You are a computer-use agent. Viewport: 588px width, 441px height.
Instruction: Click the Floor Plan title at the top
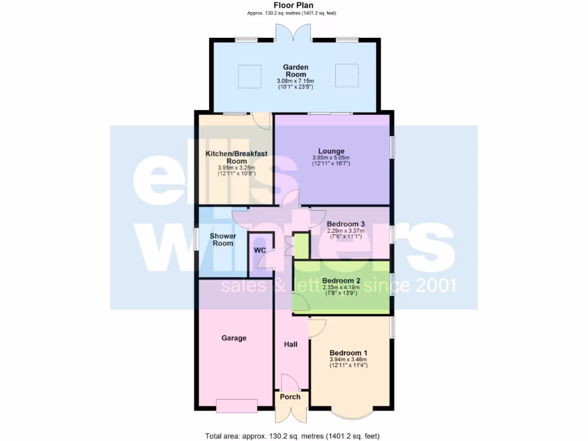(x=293, y=5)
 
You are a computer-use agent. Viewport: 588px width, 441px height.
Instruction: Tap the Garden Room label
(x=296, y=71)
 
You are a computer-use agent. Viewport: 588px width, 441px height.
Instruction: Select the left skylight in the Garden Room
(x=249, y=76)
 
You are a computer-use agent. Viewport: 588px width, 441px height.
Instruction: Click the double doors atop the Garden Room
(x=293, y=33)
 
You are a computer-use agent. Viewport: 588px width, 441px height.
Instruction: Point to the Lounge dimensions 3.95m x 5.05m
(x=331, y=158)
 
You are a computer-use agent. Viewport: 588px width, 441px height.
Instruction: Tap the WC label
(x=260, y=251)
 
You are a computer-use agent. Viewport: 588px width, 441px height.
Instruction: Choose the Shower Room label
(x=222, y=239)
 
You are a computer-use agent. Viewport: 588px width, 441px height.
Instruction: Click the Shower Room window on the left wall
(x=196, y=238)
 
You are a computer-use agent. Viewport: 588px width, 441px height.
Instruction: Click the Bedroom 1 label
(x=349, y=353)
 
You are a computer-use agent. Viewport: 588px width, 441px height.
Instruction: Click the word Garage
(x=234, y=338)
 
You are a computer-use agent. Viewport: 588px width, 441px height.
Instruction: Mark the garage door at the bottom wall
(x=237, y=405)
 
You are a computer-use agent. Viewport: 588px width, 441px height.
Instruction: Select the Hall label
(x=291, y=345)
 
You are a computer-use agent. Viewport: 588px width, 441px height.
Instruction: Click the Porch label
(x=290, y=397)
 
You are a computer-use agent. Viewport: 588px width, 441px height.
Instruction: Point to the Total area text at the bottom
(x=293, y=435)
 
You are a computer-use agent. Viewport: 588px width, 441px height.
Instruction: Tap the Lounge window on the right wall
(x=393, y=146)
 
